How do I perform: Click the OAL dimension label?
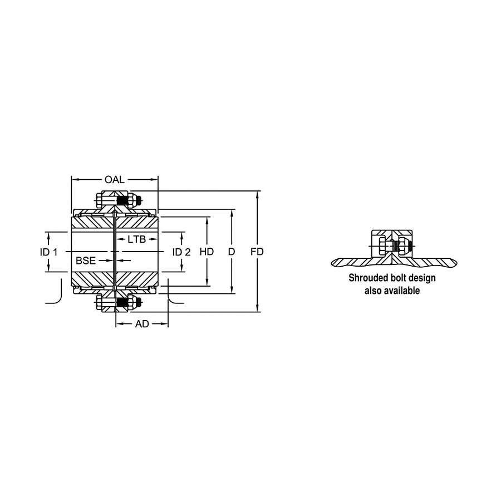114,180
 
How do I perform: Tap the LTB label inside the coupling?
136,239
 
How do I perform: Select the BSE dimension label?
86,261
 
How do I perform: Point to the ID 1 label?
48,252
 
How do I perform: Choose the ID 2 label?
181,252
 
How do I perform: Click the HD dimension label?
207,252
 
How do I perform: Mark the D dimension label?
232,252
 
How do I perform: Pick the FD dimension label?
257,252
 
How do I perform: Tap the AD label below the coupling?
142,324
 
